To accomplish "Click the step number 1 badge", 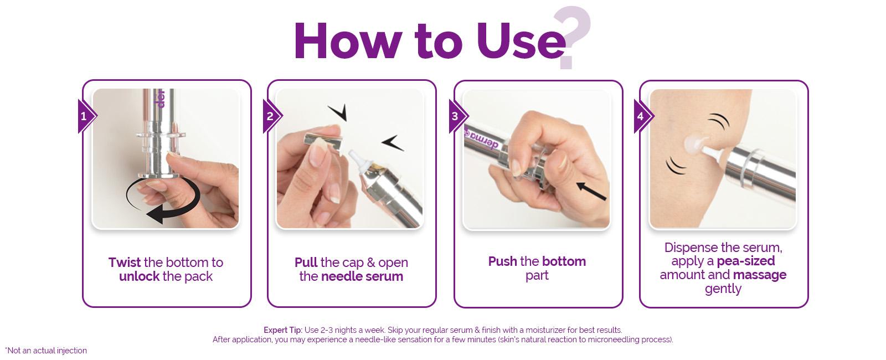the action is click(86, 116).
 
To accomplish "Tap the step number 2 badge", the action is click(271, 116).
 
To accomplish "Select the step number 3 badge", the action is click(457, 116).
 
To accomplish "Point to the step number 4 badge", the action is click(642, 116).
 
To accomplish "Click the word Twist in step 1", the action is click(125, 263).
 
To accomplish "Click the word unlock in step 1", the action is click(139, 276).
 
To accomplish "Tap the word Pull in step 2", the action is click(306, 263).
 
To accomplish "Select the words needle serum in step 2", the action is click(362, 276).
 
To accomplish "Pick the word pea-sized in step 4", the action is click(746, 261).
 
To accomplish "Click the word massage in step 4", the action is click(760, 275).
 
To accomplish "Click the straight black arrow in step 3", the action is click(591, 191).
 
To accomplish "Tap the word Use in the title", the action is click(521, 42).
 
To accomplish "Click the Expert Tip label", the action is click(283, 330).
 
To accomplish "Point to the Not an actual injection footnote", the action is click(46, 351).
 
